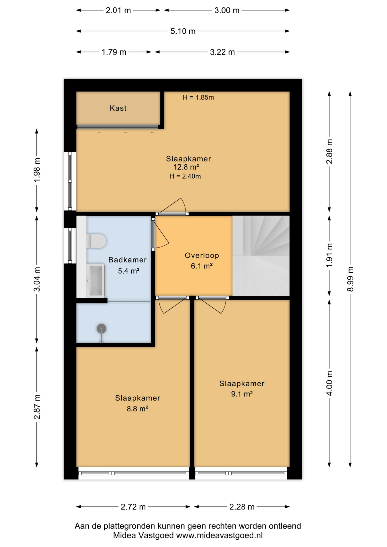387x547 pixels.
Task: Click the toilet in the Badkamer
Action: (96, 241)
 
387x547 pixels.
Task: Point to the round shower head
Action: (101, 328)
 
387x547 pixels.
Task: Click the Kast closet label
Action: (118, 108)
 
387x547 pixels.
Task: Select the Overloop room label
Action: (202, 255)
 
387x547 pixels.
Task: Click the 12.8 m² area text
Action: (186, 167)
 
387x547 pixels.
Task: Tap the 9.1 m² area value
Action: (242, 394)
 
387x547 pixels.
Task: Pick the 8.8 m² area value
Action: (137, 409)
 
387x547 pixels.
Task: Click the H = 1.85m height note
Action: (198, 97)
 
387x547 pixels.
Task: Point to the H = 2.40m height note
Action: (185, 176)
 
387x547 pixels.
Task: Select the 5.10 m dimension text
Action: (183, 31)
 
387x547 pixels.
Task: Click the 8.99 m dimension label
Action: (350, 279)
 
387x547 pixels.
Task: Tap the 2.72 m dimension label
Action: (133, 507)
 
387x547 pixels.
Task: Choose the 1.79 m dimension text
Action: (114, 52)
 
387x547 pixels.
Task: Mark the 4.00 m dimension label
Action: (329, 383)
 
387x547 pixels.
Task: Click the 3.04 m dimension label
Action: (37, 279)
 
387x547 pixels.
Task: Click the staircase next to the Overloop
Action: (261, 256)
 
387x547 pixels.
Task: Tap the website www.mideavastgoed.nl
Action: (219, 536)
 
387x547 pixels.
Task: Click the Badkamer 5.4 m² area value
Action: (129, 271)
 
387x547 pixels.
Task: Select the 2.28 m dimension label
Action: (242, 507)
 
